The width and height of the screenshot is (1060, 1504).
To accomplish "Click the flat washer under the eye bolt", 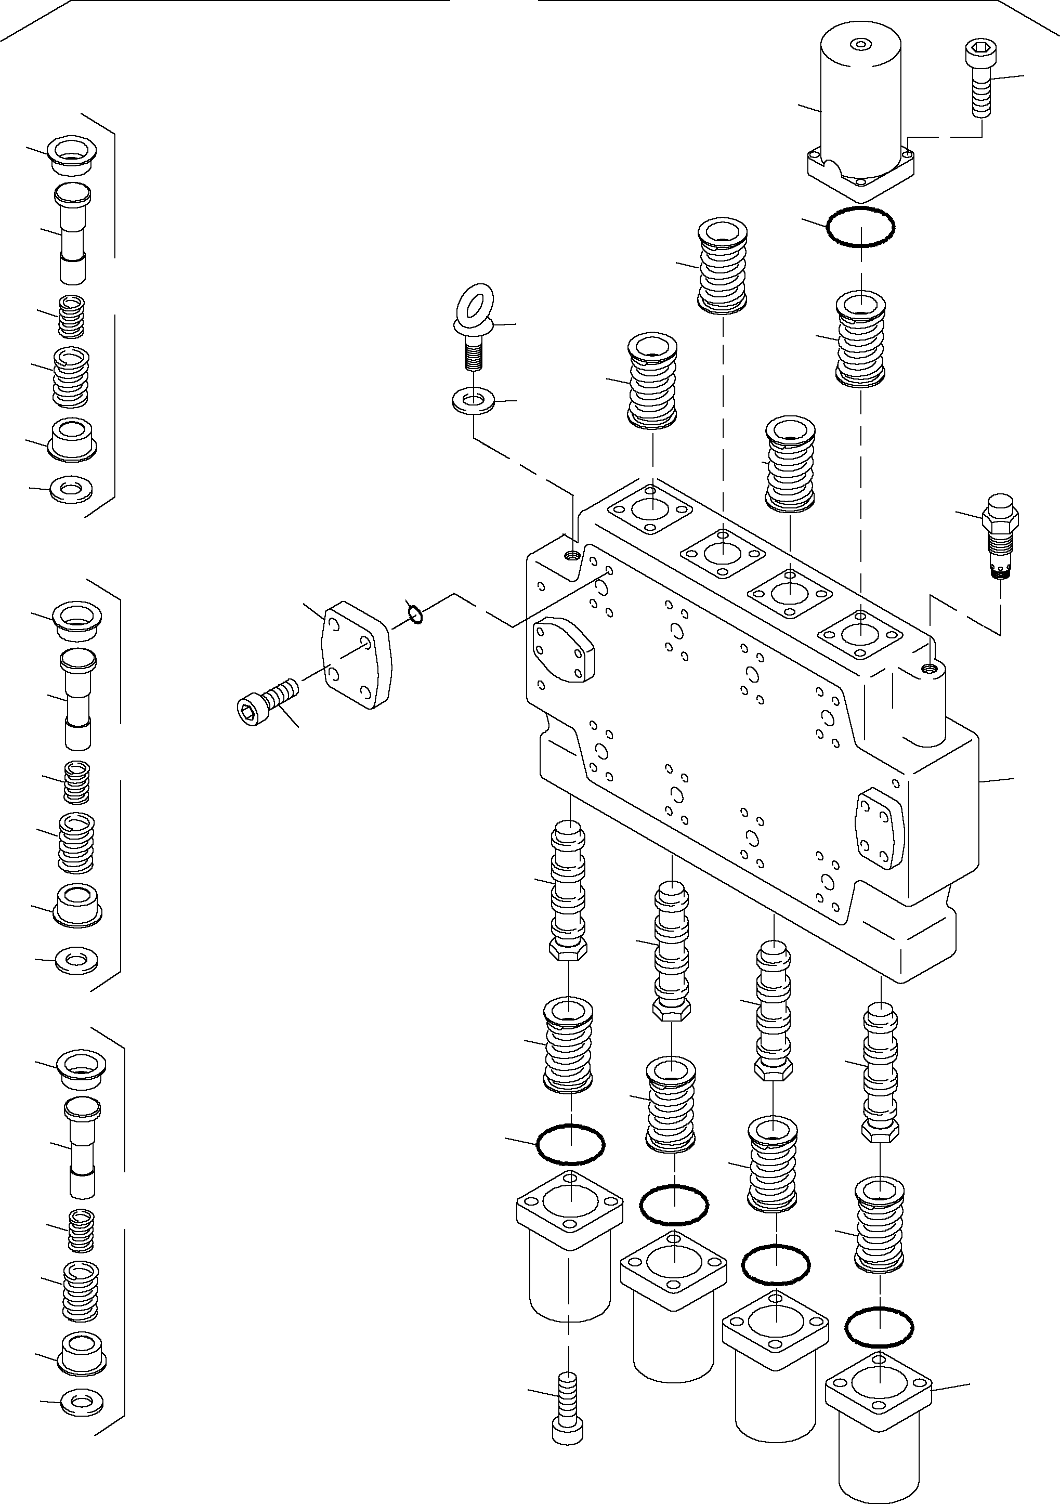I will [x=474, y=400].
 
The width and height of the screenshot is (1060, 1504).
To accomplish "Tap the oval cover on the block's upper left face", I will [x=564, y=652].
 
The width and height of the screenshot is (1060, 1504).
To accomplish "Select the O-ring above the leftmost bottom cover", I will [x=570, y=1144].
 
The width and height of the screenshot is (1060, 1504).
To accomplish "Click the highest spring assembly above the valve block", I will [x=723, y=265].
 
